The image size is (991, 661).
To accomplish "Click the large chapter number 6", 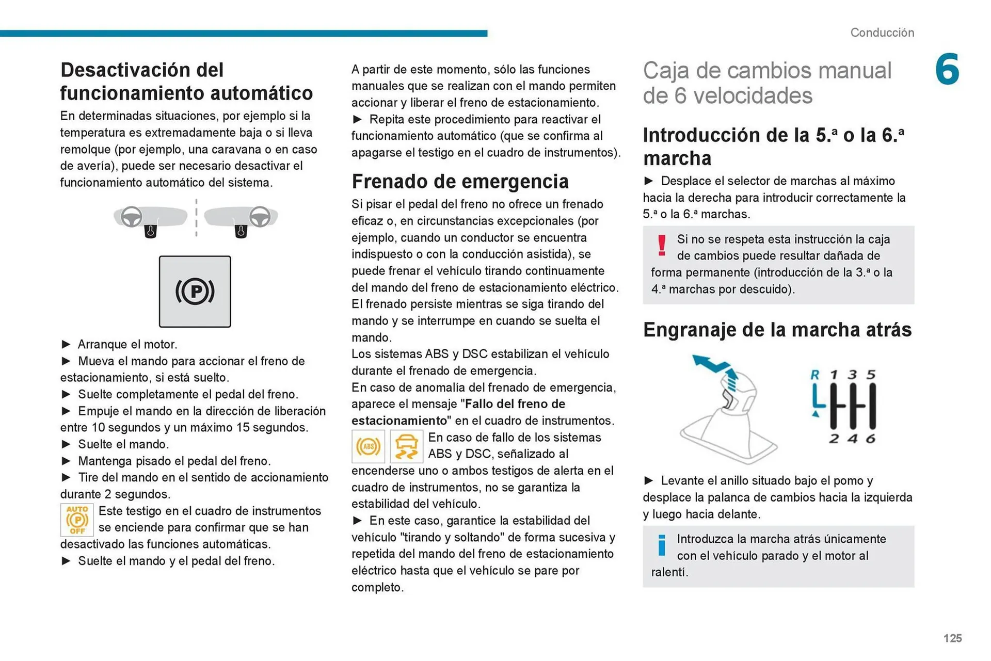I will pos(947,69).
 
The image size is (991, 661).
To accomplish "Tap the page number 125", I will pos(952,638).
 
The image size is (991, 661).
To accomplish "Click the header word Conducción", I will pos(882,33).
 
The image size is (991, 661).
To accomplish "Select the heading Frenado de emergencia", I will pos(460,182).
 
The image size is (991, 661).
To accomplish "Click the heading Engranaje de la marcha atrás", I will pos(777,330).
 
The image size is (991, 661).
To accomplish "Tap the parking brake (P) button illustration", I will pos(195,292).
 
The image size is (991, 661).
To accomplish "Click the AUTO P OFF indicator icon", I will pos(77,520).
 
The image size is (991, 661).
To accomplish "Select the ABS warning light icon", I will pos(368,446).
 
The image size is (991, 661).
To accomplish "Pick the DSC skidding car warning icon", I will pos(406,446).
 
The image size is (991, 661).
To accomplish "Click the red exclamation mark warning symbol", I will pos(662,245).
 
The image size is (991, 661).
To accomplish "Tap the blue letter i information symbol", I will pos(662,545).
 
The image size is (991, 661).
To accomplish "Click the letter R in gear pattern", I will pos(815,375).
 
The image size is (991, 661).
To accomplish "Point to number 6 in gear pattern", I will pos(871,439).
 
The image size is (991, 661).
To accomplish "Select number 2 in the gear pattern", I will pos(834,439).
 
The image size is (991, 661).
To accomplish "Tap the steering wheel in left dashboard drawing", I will pos(132,217).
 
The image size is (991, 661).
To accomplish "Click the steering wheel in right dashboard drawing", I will pos(260,217).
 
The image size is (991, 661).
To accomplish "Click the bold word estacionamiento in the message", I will pos(399,421).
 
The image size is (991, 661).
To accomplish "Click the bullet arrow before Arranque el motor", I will pos(66,344).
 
